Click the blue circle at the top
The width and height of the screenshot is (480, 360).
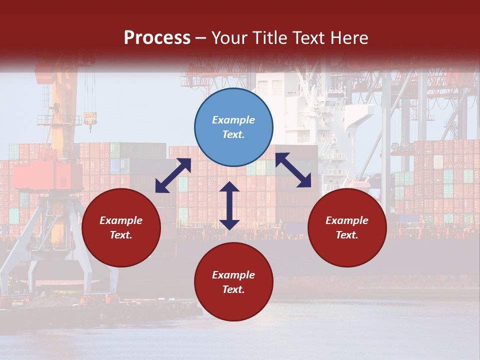(233, 127)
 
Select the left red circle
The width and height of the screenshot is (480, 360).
(121, 228)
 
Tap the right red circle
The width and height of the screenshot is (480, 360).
(347, 228)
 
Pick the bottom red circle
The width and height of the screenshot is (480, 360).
(233, 282)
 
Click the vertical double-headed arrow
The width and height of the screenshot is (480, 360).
(229, 205)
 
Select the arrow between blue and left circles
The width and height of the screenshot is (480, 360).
(173, 175)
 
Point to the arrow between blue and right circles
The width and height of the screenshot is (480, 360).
(293, 170)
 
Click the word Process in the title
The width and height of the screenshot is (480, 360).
(157, 38)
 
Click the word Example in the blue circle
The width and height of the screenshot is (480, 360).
(233, 120)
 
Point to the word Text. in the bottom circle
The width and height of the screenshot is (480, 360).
(233, 289)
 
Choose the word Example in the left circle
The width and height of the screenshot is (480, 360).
(121, 220)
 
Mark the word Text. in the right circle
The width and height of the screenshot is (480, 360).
(347, 235)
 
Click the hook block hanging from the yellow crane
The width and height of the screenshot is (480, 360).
(90, 120)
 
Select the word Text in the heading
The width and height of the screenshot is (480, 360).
(311, 38)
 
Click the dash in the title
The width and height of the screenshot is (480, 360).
(201, 38)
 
